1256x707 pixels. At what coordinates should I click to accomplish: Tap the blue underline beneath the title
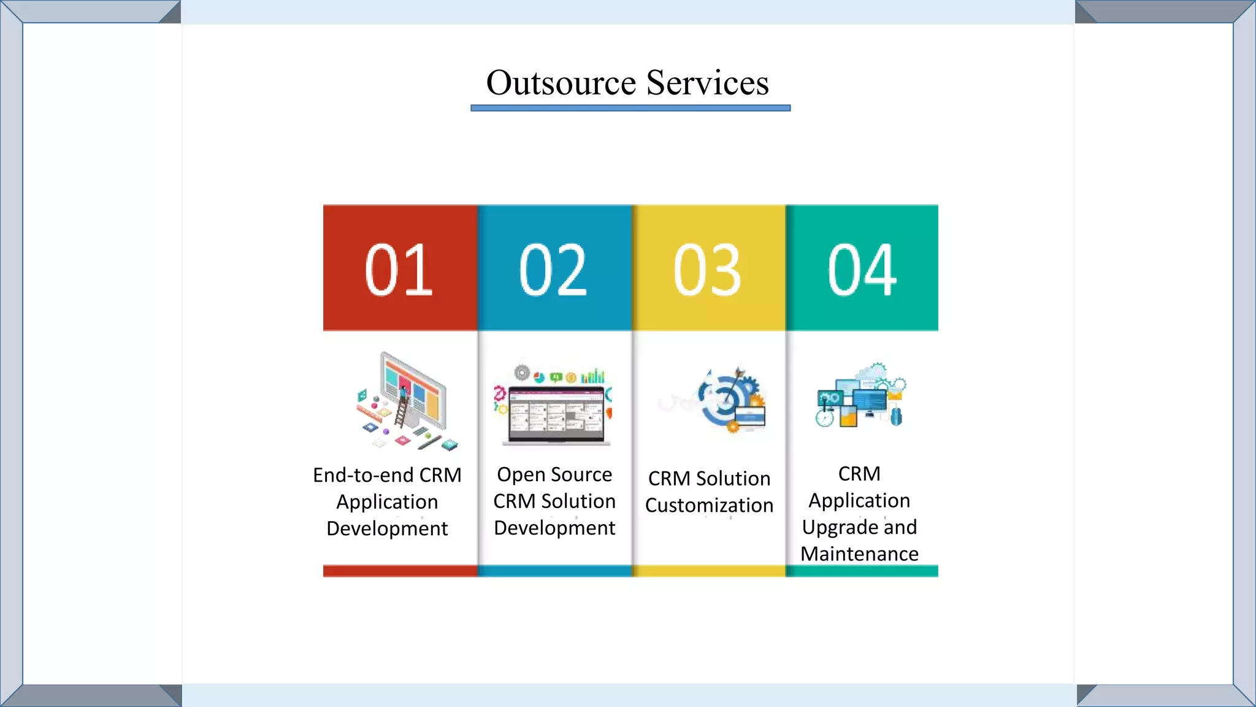[x=630, y=108]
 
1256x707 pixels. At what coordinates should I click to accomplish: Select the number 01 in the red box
[x=399, y=269]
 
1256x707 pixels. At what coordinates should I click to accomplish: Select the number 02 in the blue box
[x=553, y=269]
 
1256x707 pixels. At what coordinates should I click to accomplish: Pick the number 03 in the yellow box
[x=707, y=269]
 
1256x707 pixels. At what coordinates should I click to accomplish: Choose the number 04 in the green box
[x=862, y=269]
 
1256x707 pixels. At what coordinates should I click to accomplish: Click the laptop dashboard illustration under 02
[x=554, y=405]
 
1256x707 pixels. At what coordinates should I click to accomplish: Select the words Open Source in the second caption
[x=554, y=474]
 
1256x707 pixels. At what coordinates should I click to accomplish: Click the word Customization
[x=709, y=505]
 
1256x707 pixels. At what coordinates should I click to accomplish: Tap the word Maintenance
[x=859, y=554]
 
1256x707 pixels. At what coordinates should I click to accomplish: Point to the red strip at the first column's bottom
[x=400, y=571]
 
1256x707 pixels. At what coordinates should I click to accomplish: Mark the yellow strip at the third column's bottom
[x=708, y=571]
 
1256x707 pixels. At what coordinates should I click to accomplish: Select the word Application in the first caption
[x=387, y=502]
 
